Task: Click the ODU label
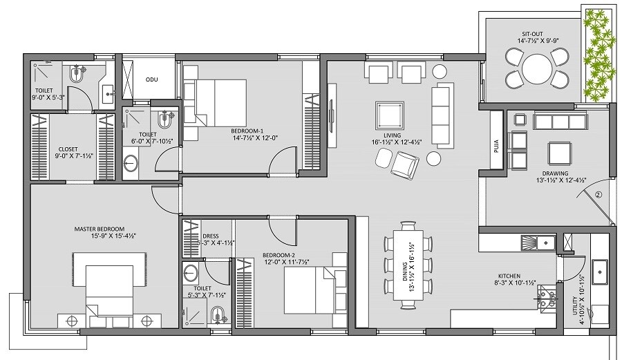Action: pyautogui.click(x=151, y=79)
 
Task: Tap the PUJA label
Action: pyautogui.click(x=496, y=140)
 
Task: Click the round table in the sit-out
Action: pyautogui.click(x=536, y=69)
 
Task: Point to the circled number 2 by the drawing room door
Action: pyautogui.click(x=598, y=194)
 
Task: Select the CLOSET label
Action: pyautogui.click(x=68, y=149)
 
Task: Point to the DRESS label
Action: pyautogui.click(x=210, y=236)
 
